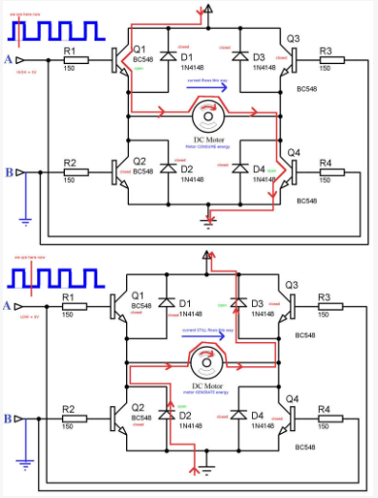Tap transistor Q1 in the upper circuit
119,59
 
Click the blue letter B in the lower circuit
9,419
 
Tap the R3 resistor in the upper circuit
325,59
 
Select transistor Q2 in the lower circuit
119,418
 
